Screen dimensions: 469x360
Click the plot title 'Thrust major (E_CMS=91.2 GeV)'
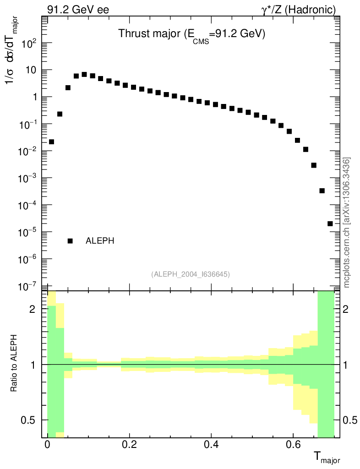(191, 34)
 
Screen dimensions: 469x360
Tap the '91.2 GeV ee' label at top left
(78, 10)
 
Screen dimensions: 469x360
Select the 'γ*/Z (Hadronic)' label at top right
(299, 10)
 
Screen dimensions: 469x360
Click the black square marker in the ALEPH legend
(70, 241)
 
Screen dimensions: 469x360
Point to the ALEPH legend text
(100, 241)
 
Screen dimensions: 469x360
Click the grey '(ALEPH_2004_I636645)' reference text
(190, 274)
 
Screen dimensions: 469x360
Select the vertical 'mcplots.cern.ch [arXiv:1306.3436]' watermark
(347, 223)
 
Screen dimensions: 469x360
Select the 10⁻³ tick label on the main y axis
(28, 178)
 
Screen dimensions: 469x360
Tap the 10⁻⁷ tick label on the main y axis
(28, 286)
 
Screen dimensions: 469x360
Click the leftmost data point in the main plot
(51, 142)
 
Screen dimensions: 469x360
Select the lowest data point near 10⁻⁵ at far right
(330, 224)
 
